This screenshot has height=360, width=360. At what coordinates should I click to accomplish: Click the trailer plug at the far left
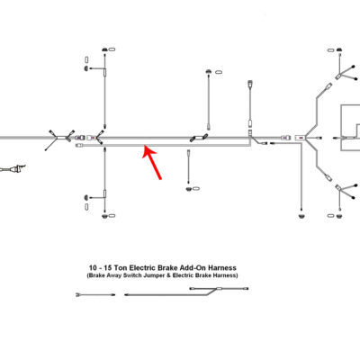[13, 169]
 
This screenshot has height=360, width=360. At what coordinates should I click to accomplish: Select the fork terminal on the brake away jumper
[78, 295]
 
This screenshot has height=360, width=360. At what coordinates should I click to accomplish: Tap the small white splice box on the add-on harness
[220, 289]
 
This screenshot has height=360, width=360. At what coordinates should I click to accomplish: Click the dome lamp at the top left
[104, 49]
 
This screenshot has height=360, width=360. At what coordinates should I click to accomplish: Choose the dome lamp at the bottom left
[104, 216]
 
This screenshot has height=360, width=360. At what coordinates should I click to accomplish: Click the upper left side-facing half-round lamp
[86, 68]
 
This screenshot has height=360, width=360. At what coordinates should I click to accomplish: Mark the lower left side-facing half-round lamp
[86, 197]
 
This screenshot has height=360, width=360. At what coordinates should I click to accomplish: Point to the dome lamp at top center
[208, 72]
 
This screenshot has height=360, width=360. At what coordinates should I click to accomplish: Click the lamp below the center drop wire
[189, 189]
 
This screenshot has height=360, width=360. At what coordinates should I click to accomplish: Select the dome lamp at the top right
[339, 49]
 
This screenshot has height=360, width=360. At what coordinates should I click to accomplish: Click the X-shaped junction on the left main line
[61, 138]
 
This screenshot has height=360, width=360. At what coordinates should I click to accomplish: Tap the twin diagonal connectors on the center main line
[199, 137]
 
